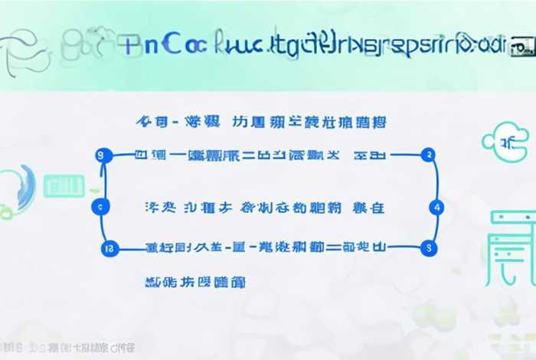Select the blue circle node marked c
pyautogui.click(x=102, y=206)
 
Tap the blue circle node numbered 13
pyautogui.click(x=107, y=247)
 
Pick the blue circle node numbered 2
pyautogui.click(x=430, y=155)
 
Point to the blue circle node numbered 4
pyautogui.click(x=436, y=207)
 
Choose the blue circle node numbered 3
pyautogui.click(x=429, y=247)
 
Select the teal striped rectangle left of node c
pyautogui.click(x=62, y=184)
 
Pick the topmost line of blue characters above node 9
pyautogui.click(x=260, y=122)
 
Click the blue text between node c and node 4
pyautogui.click(x=264, y=207)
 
